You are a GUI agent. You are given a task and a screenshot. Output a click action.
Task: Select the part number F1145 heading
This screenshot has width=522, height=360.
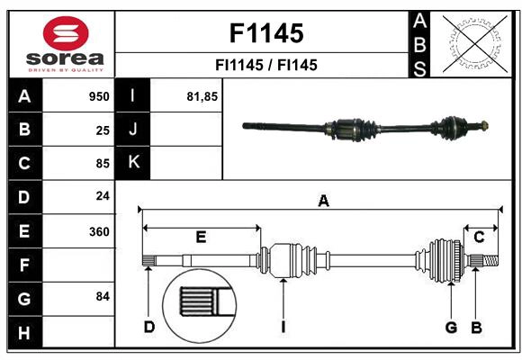tap(265, 33)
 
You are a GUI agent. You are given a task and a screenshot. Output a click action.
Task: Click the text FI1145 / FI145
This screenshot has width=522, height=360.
tap(265, 65)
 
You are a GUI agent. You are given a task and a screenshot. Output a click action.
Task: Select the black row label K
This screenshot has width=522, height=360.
tap(133, 163)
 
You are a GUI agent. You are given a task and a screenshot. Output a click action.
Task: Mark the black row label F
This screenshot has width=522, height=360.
tap(24, 265)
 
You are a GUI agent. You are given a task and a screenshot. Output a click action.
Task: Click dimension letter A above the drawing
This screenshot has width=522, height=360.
tap(323, 202)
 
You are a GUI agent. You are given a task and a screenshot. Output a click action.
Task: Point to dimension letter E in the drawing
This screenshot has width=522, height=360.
tap(201, 237)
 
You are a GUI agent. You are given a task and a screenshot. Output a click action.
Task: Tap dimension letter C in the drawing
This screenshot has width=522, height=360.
tap(480, 237)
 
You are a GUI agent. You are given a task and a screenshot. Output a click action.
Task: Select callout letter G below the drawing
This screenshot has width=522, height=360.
tap(452, 327)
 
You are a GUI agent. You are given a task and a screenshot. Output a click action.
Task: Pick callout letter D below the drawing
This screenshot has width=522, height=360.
tap(149, 327)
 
